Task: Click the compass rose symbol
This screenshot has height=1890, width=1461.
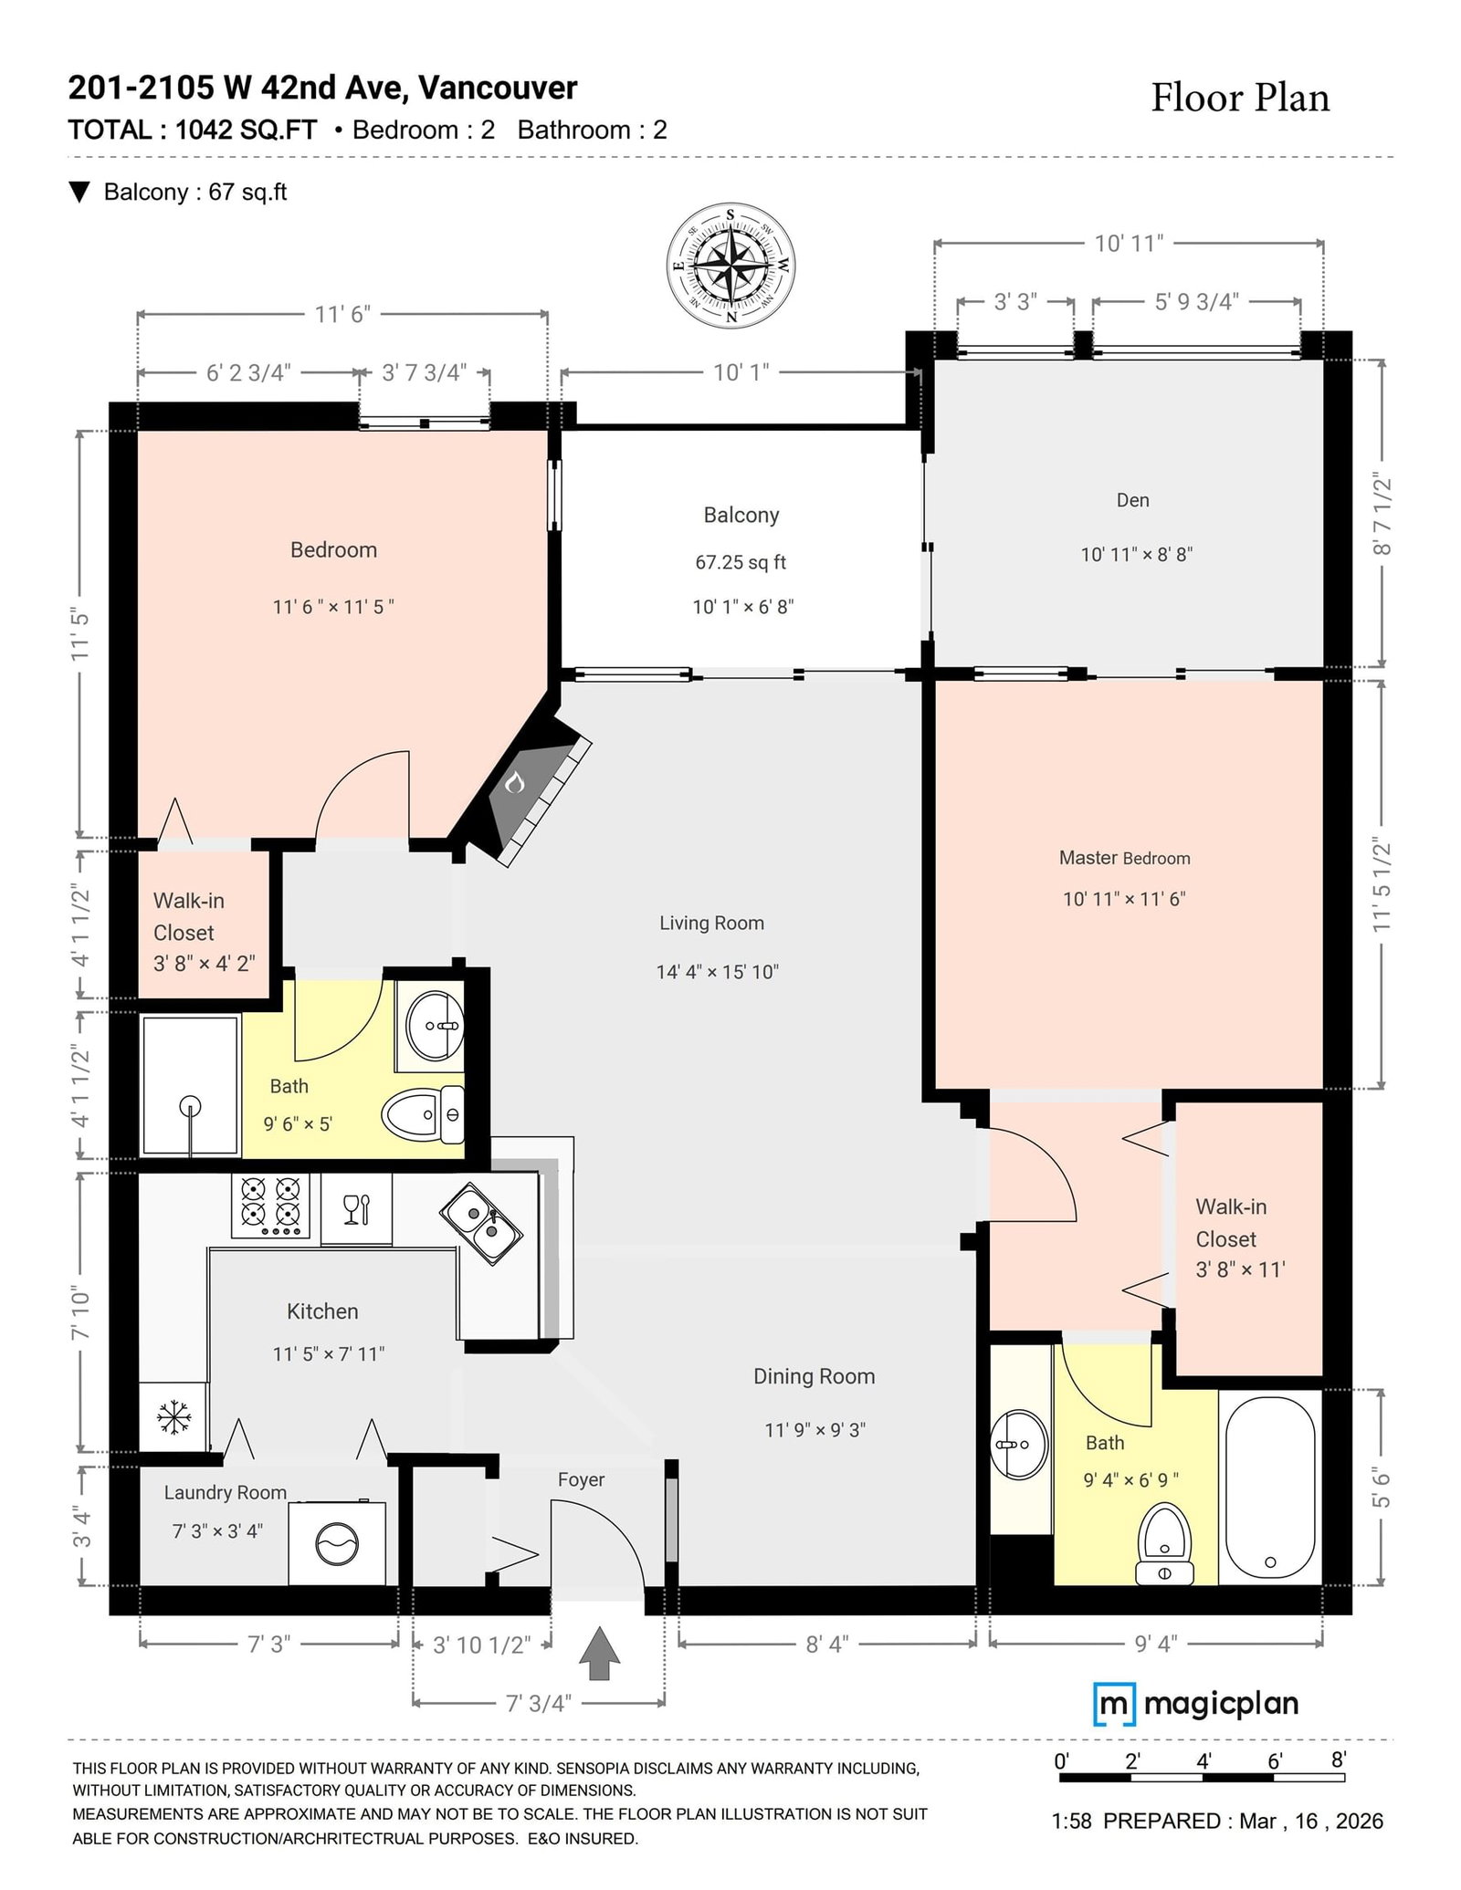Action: click(730, 266)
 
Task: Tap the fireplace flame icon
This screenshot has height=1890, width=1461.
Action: click(515, 782)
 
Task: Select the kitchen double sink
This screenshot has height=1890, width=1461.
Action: click(481, 1223)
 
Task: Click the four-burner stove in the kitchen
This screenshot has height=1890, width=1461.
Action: click(269, 1205)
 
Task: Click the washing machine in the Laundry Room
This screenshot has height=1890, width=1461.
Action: click(337, 1542)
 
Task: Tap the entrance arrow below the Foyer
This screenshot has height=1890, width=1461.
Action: click(599, 1653)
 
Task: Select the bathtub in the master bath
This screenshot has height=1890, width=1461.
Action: click(1270, 1488)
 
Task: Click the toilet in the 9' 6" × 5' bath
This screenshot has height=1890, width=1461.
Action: click(424, 1114)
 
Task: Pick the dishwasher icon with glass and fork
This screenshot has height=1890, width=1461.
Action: click(356, 1208)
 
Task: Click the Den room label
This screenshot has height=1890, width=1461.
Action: click(1132, 500)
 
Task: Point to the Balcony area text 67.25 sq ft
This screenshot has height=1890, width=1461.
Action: click(741, 562)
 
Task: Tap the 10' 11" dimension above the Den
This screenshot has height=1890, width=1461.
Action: click(1130, 243)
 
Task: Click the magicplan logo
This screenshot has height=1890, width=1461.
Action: click(1196, 1704)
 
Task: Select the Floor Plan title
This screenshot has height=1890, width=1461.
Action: click(1240, 98)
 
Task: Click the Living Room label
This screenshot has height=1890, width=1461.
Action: click(711, 923)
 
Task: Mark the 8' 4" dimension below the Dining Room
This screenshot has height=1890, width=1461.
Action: click(827, 1644)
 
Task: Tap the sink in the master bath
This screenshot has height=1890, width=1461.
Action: click(1020, 1445)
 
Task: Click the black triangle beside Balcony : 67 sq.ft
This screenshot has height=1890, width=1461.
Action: click(80, 192)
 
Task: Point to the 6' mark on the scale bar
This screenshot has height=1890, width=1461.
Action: click(1275, 1760)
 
